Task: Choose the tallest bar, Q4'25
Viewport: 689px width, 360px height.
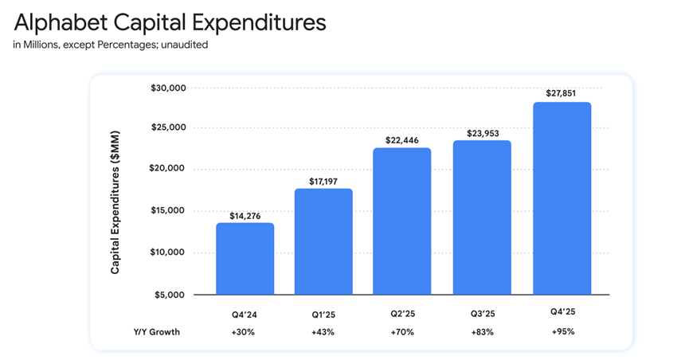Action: click(562, 198)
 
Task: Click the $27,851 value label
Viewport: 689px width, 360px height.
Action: click(562, 92)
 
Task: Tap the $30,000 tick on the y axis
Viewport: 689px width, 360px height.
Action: click(168, 87)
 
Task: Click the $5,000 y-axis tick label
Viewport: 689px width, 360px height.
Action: click(170, 295)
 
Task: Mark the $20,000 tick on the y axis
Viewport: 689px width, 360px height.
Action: click(168, 169)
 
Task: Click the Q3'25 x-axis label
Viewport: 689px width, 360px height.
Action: click(482, 315)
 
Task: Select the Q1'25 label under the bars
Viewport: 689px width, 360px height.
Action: click(323, 315)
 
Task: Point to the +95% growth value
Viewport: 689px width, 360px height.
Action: click(562, 332)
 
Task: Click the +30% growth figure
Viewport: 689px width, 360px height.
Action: click(245, 332)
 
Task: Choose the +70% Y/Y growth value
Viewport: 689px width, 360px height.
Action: click(402, 332)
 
